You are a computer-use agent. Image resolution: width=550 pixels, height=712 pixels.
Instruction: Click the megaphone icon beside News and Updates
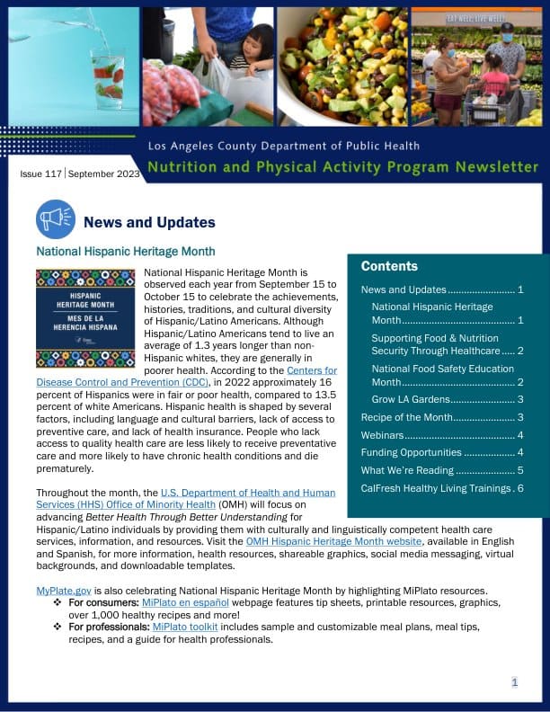click(55, 219)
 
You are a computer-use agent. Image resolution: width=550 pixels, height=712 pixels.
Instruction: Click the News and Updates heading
click(149, 222)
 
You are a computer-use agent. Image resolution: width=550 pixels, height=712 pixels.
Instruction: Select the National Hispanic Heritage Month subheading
click(125, 253)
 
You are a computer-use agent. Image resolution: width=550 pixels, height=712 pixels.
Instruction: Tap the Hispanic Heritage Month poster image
click(84, 318)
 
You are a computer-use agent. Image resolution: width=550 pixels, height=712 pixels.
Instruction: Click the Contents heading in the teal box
click(389, 266)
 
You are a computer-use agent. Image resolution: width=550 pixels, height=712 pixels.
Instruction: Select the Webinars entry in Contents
click(381, 435)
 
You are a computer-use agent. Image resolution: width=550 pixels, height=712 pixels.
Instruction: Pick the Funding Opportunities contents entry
click(411, 452)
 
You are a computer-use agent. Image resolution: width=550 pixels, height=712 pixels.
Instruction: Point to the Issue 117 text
click(41, 174)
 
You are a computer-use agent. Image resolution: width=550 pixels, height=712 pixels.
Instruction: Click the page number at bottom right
click(515, 682)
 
